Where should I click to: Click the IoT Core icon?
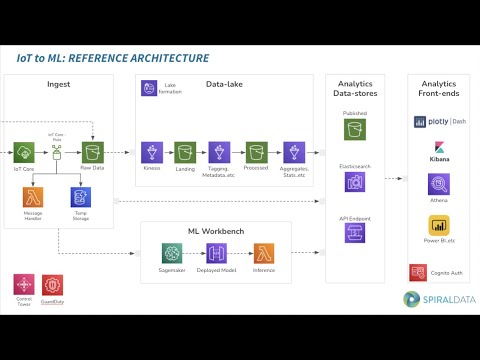[23, 152]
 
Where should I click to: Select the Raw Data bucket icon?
[94, 152]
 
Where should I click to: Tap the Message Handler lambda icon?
[33, 196]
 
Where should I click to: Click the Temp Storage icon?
[79, 196]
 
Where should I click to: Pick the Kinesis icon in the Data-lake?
[152, 152]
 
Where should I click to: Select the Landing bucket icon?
[184, 152]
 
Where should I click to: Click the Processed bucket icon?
[254, 152]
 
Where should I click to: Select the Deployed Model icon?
[216, 253]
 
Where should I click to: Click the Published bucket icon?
[355, 129]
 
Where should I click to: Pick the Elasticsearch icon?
[355, 181]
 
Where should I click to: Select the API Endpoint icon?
[355, 233]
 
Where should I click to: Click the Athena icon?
[438, 184]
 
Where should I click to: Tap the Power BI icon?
[438, 224]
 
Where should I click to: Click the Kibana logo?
[438, 150]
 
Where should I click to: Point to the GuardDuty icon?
[52, 284]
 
